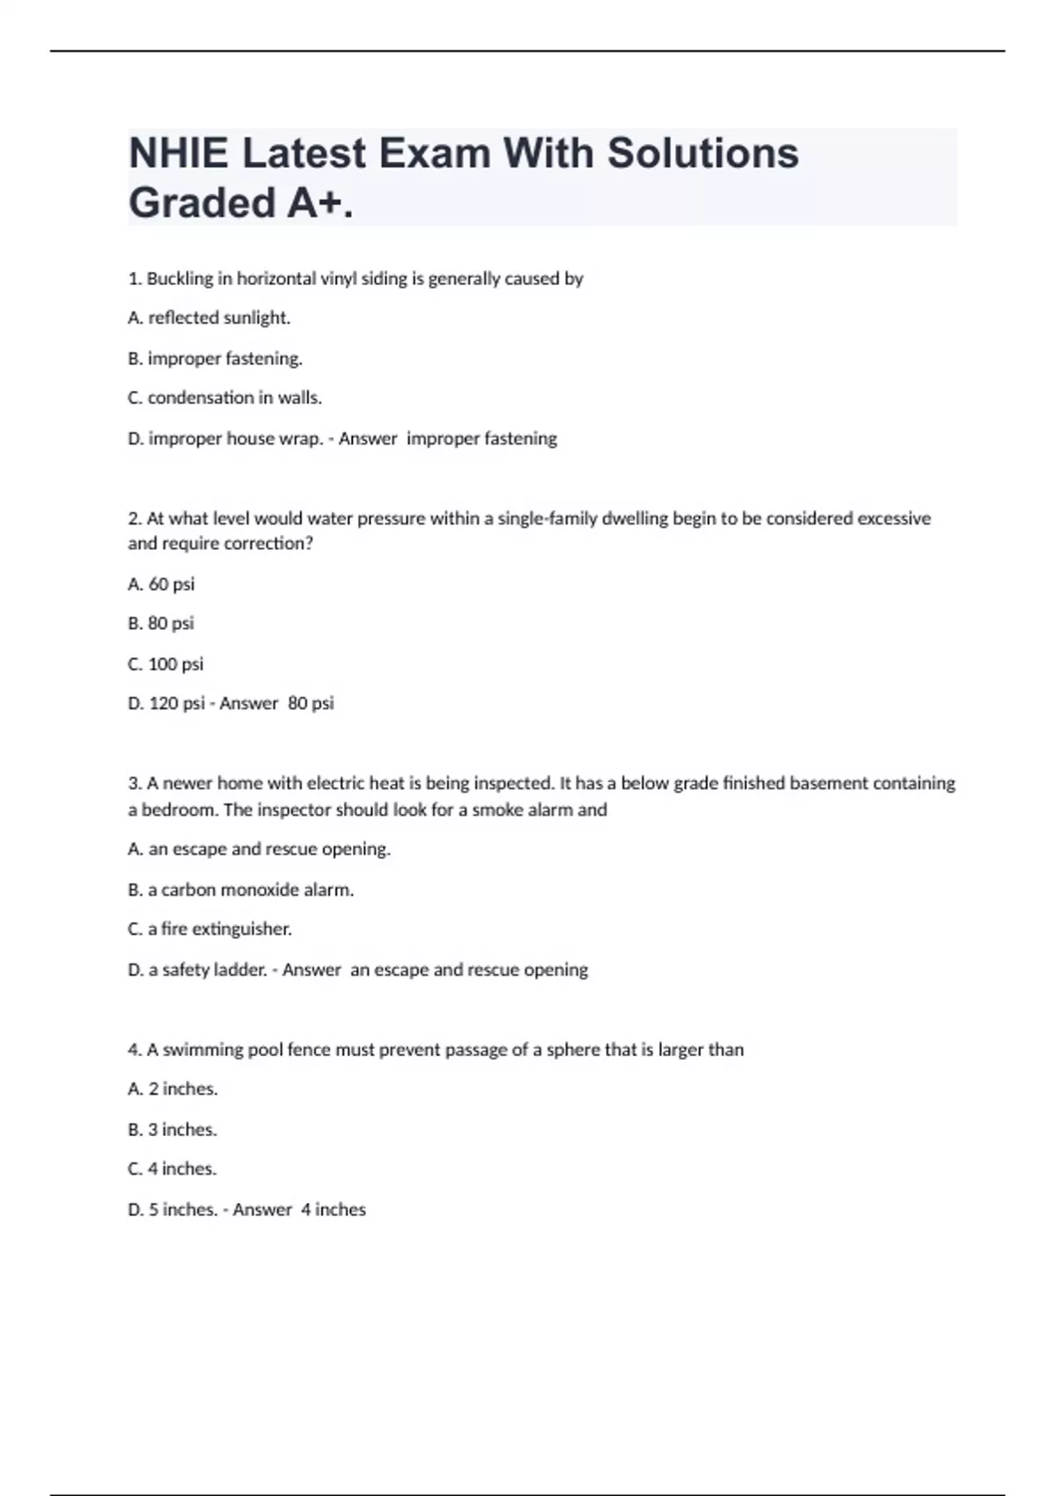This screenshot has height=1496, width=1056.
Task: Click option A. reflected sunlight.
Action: point(209,318)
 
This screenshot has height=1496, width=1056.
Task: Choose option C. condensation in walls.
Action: point(224,398)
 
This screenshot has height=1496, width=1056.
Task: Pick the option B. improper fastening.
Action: point(215,358)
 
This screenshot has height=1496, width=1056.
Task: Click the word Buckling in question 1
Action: point(180,279)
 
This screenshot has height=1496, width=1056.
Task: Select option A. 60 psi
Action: point(161,584)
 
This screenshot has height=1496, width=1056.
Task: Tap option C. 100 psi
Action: point(165,664)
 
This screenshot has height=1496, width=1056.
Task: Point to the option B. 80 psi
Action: point(161,623)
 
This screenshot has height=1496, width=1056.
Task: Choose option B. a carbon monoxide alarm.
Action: point(240,890)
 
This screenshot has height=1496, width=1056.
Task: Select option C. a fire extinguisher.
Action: point(209,929)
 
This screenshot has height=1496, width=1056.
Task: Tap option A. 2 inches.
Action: point(172,1089)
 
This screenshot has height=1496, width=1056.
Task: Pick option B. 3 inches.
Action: point(172,1129)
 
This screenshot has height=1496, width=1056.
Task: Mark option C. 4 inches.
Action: point(172,1169)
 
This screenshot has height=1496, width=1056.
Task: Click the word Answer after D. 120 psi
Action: point(248,703)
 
